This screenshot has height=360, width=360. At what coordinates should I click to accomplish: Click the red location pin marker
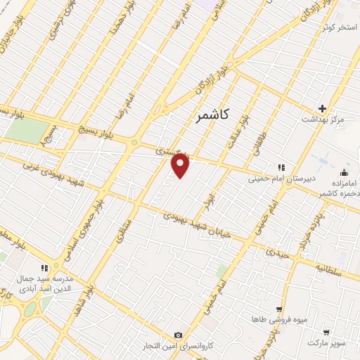(181, 165)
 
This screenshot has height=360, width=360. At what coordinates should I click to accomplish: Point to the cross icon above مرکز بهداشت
(322, 108)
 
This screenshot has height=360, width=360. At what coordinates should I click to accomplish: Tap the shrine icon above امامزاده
(344, 172)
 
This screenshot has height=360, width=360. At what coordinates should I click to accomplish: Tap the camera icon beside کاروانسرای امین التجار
(178, 335)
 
